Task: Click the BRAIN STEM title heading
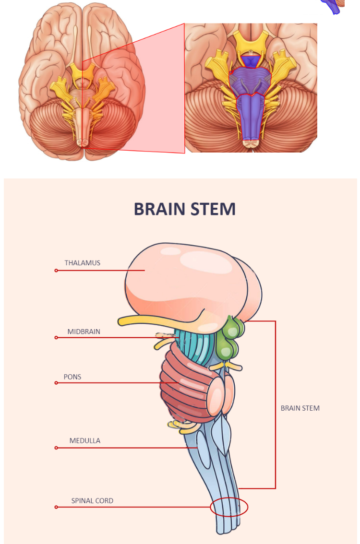click(184, 209)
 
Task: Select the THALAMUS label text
click(83, 263)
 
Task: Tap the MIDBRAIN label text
click(84, 331)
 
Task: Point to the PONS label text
click(72, 377)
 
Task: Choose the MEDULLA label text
click(84, 440)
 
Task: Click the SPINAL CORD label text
click(92, 501)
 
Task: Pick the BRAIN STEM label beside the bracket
click(300, 408)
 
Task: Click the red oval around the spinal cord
click(229, 507)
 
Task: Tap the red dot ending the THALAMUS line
click(56, 271)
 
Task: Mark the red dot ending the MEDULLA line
click(56, 448)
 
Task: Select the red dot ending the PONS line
click(56, 383)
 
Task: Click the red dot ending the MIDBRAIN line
click(56, 338)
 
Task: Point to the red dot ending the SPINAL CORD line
click(56, 507)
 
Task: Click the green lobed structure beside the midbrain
click(230, 341)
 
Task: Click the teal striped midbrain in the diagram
click(197, 345)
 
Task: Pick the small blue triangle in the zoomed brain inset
click(251, 61)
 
